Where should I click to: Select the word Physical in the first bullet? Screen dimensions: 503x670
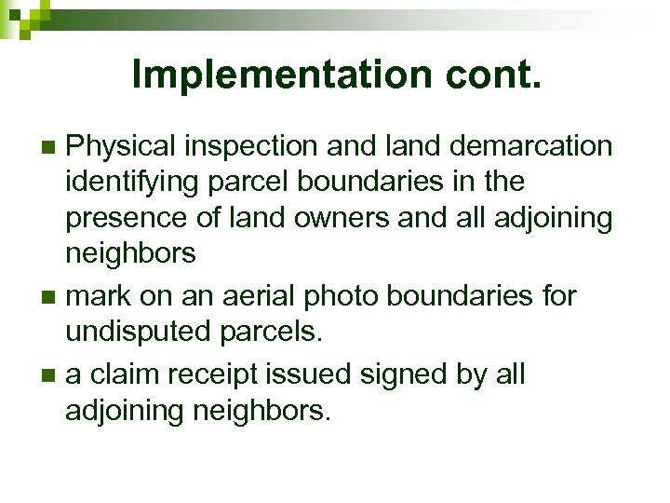(x=120, y=146)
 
